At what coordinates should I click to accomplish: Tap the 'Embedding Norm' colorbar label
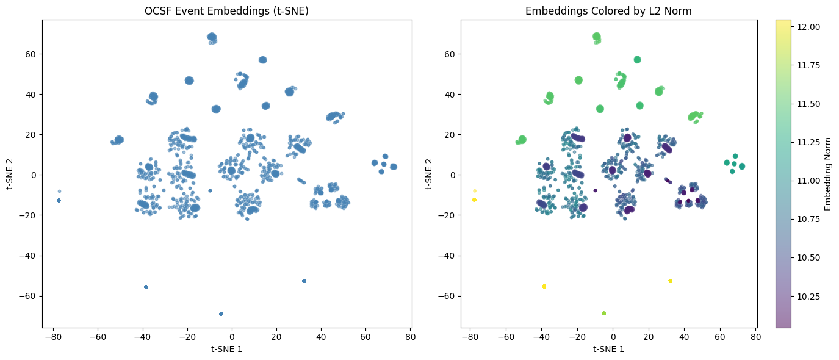pos(828,174)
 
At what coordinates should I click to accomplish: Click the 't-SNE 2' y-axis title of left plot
pos(12,174)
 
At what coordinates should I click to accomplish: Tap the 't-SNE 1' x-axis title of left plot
pos(226,349)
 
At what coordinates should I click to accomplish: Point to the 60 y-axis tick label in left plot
pos(30,54)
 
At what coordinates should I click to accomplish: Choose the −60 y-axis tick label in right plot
pos(445,296)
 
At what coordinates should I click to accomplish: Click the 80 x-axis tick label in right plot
pos(755,336)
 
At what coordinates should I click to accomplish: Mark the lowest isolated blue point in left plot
pos(221,314)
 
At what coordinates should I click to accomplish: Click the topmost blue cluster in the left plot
pos(212,37)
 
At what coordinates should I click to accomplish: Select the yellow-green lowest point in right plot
pos(603,314)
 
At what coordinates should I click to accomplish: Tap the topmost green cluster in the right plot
pos(597,37)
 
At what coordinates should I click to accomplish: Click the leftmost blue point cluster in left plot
pos(59,200)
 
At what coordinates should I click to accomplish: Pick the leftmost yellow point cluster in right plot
pos(474,200)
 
